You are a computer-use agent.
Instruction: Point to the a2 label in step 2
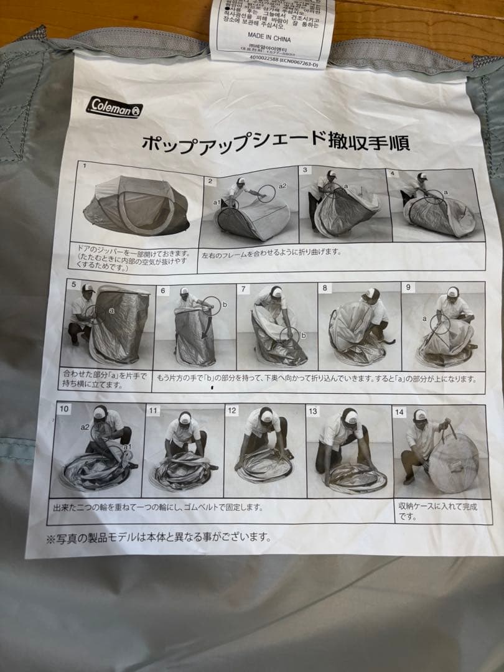coord(282,185)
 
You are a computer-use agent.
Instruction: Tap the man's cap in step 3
coord(331,174)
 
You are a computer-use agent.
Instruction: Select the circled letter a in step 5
coord(111,309)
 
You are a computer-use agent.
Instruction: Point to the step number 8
coord(325,288)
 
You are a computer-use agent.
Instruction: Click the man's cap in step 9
coord(452,292)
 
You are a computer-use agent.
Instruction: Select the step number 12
coord(232,410)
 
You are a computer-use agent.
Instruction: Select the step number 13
coord(313,411)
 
